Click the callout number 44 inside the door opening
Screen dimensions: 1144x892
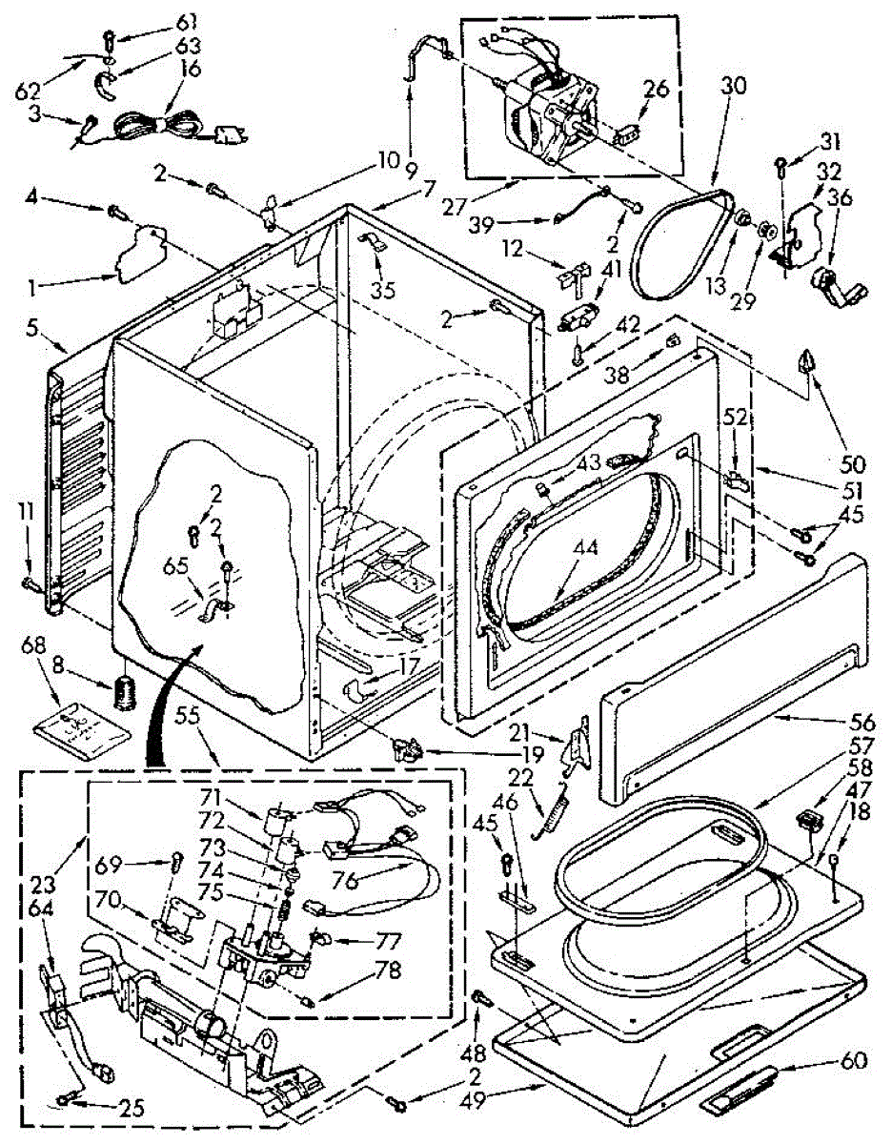(587, 550)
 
